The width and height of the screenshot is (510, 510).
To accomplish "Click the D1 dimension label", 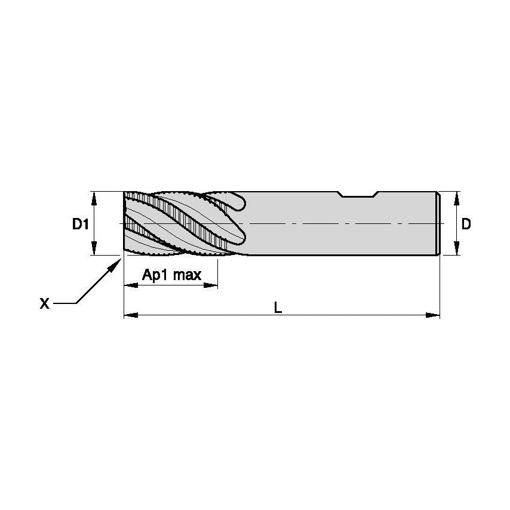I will coord(81,225).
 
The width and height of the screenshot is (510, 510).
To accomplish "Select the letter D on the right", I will coord(467,224).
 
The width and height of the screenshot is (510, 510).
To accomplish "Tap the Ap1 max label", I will coord(171,275).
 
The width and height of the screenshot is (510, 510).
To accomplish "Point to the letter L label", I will coord(278,307).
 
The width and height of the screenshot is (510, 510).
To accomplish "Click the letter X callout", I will coord(44,304).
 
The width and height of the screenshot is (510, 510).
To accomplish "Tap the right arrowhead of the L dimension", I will coord(433,315).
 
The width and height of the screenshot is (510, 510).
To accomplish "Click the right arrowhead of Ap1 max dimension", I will coord(211,285).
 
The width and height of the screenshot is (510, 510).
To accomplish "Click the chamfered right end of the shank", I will coord(440,224).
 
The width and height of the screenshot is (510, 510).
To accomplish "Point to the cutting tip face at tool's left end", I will coord(125,224).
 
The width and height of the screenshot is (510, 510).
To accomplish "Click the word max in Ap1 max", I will coord(188,275).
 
